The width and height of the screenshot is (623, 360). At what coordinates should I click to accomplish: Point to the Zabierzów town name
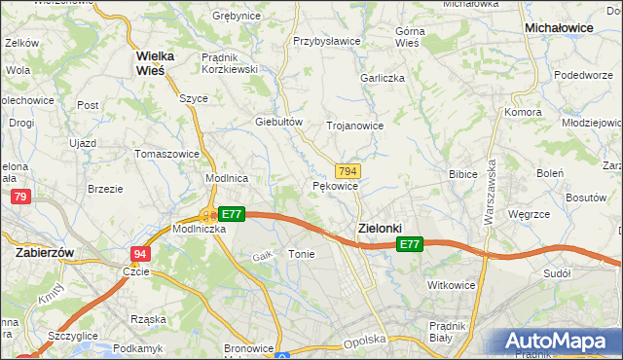coord(47,251)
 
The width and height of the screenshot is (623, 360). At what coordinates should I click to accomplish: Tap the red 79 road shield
coord(20,198)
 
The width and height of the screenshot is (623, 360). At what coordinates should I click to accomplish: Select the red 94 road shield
coord(140,253)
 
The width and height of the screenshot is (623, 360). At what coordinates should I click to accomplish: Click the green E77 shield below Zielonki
coord(410,245)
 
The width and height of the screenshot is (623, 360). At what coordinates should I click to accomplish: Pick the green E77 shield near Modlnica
coord(231,214)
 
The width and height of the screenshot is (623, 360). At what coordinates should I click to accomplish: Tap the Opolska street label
coord(366,341)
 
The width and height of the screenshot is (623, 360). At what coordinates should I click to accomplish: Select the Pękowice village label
coord(336,185)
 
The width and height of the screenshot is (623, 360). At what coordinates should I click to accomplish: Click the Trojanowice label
coord(354,126)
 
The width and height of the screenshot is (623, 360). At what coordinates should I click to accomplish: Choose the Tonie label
coord(300,253)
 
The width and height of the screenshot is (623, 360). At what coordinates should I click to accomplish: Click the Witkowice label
coord(450,285)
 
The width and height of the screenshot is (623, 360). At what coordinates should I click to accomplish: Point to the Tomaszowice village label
coord(167,154)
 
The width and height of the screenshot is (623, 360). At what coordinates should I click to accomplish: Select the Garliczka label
coord(382,78)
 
